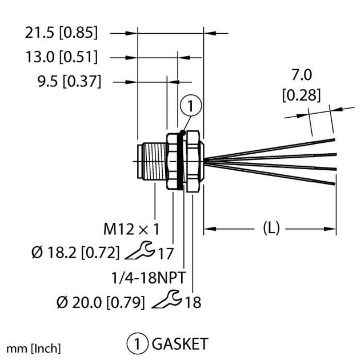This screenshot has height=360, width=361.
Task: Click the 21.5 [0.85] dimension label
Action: pos(61,33)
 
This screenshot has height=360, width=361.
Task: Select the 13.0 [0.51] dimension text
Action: pos(61,57)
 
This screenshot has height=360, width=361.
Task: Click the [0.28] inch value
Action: pos(300,94)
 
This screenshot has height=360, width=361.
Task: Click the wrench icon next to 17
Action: pos(138,250)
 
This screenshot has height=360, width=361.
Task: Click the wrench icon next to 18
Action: pos(168,298)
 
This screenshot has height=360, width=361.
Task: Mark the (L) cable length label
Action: pos(270,229)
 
